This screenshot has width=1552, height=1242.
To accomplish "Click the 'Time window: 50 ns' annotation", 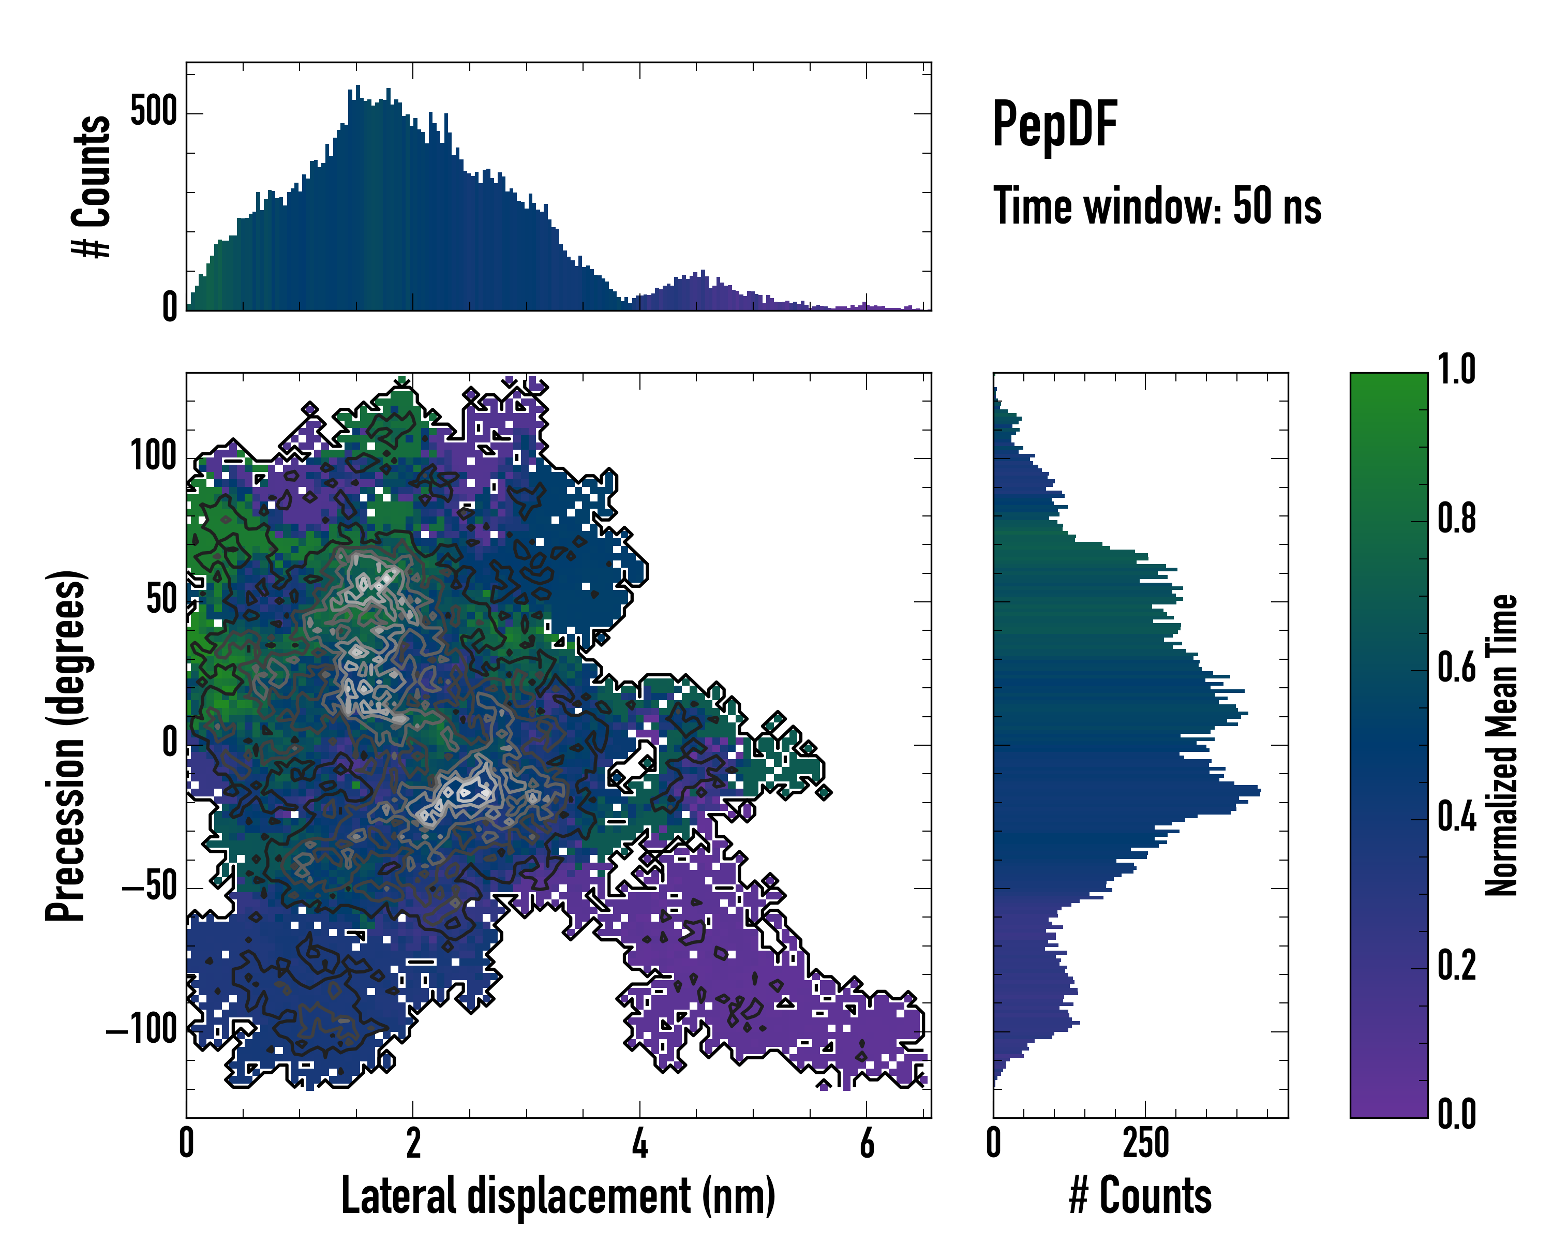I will pyautogui.click(x=1157, y=206).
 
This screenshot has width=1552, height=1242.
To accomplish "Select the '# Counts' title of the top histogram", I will pyautogui.click(x=92, y=186).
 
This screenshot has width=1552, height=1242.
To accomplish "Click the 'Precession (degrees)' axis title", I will pyautogui.click(x=66, y=745).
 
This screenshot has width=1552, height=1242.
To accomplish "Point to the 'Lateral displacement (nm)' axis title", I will pyautogui.click(x=558, y=1196).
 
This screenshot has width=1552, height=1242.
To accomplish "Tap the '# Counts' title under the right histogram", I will pyautogui.click(x=1140, y=1196).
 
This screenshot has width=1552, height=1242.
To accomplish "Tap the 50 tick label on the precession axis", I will pyautogui.click(x=161, y=600).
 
